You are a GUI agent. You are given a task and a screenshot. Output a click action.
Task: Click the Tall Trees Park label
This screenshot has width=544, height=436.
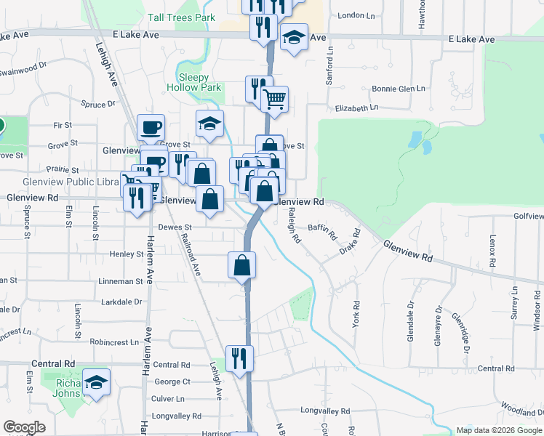click(x=181, y=17)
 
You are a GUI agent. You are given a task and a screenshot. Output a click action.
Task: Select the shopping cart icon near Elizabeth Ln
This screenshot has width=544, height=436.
click(x=274, y=99)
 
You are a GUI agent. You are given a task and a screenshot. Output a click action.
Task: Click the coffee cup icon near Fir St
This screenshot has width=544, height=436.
click(x=151, y=127)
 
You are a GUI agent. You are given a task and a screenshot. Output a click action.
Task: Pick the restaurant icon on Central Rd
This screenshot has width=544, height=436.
click(x=237, y=358)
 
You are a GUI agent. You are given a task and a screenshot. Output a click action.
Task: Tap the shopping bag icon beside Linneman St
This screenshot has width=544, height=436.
click(x=242, y=265)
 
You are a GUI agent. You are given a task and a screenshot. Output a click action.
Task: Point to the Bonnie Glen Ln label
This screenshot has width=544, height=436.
click(x=398, y=89)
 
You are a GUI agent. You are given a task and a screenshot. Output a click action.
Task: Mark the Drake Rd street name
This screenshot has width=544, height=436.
click(x=350, y=242)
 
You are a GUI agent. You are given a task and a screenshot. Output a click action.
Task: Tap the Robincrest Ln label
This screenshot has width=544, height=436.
click(x=114, y=342)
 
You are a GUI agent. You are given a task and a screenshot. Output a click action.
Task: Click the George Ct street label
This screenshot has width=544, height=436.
click(x=172, y=381)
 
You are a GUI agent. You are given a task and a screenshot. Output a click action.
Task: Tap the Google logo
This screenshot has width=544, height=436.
click(x=24, y=427)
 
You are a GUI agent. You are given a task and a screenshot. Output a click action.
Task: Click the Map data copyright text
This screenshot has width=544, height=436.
click(x=498, y=430)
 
